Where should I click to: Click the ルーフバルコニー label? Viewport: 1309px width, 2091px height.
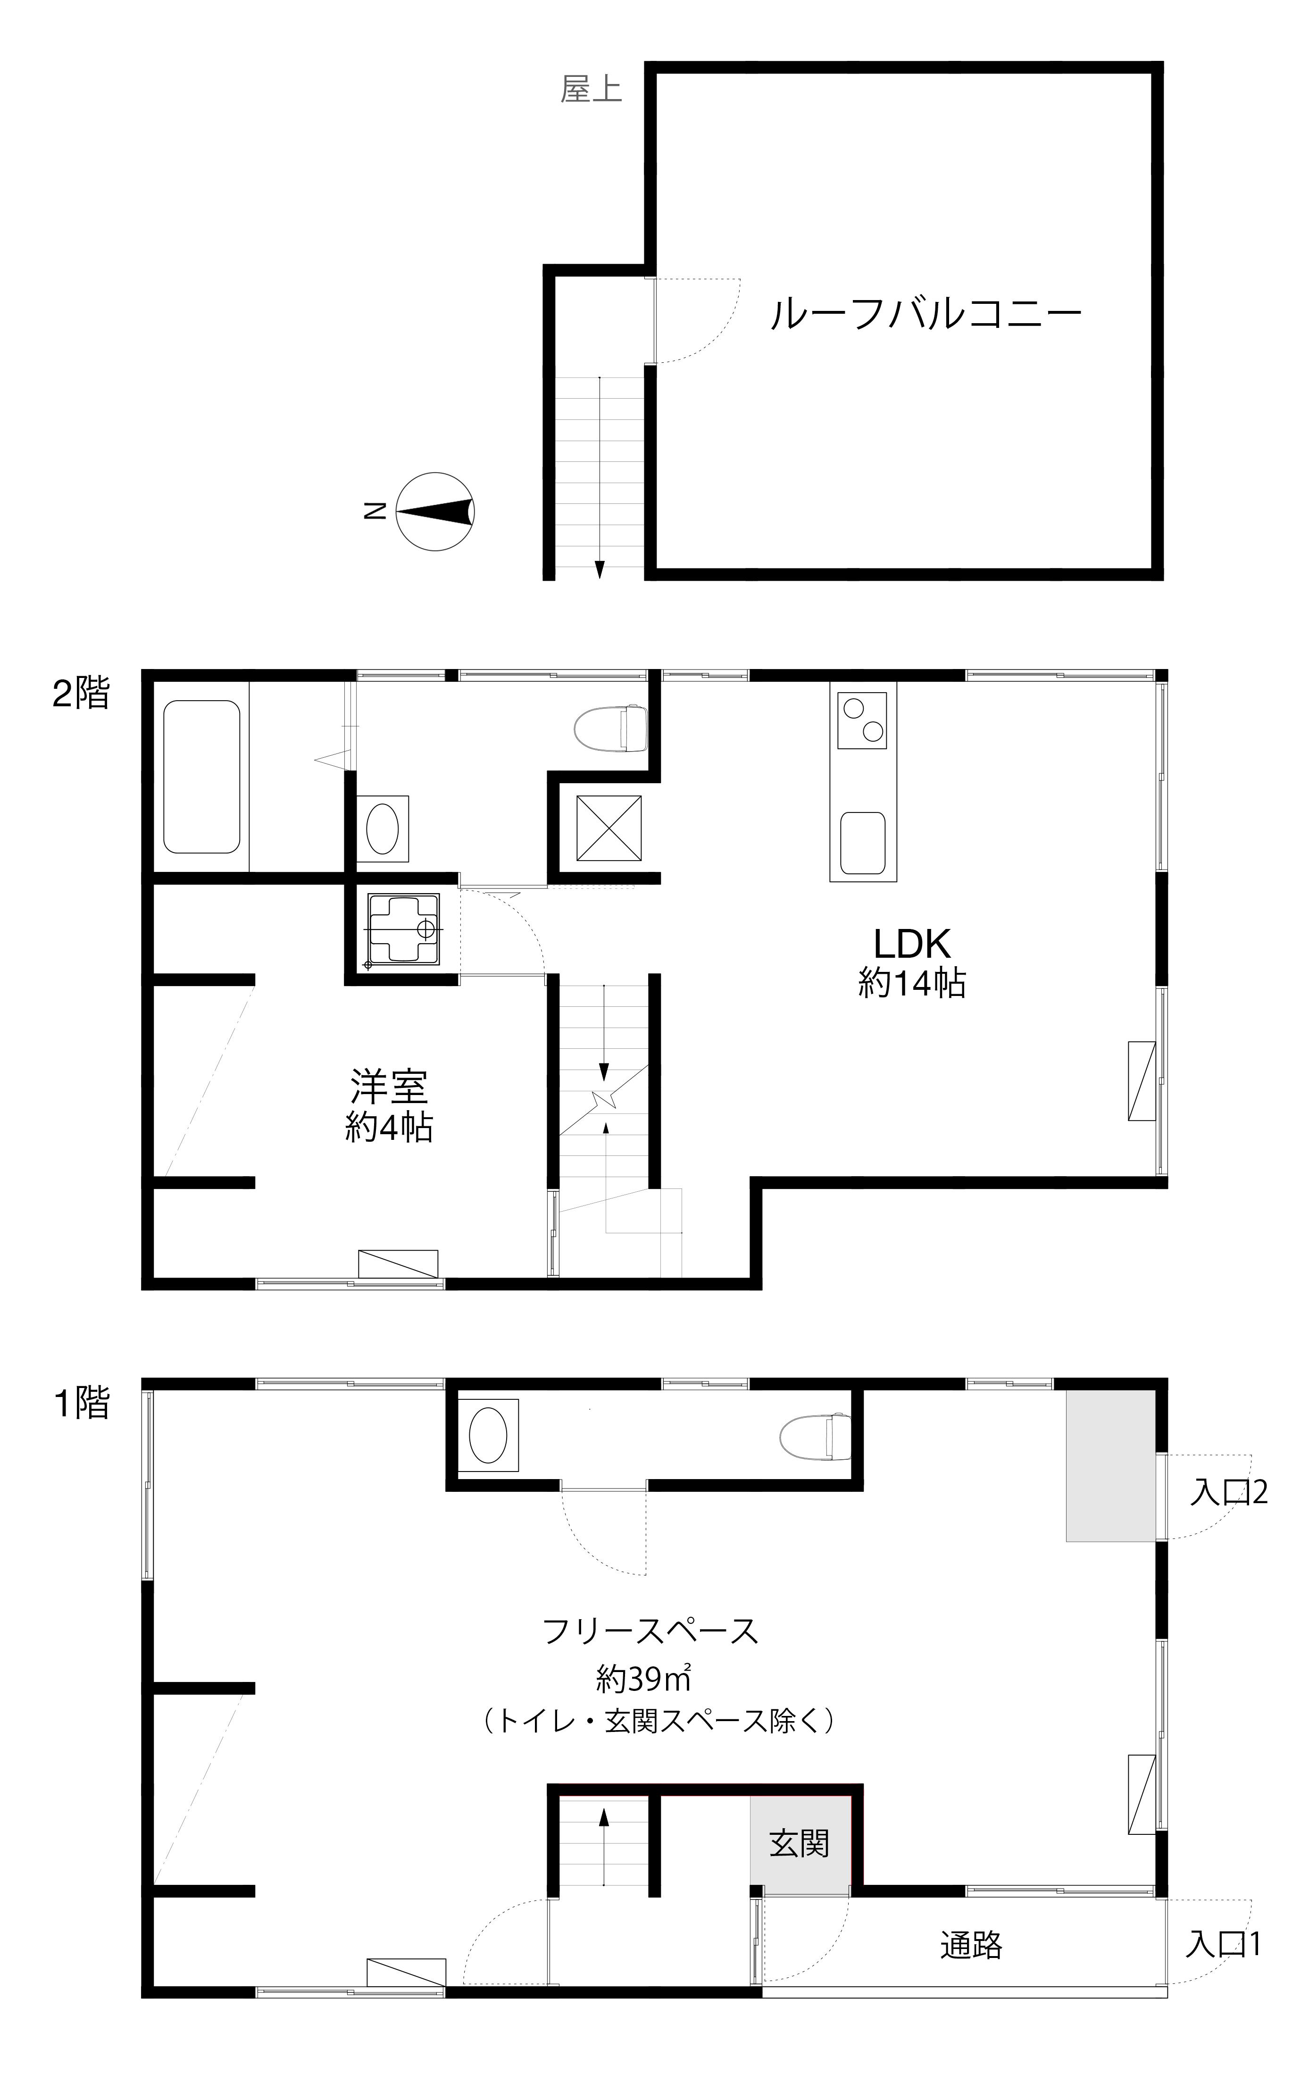tap(925, 313)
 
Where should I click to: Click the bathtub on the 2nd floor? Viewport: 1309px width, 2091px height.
tap(202, 777)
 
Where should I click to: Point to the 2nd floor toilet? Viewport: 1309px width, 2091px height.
tap(610, 728)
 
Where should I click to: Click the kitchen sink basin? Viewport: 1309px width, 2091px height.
tap(862, 843)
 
